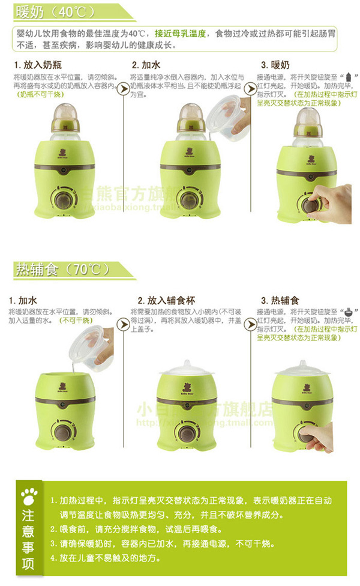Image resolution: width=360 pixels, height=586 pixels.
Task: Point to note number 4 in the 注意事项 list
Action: (108, 558)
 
